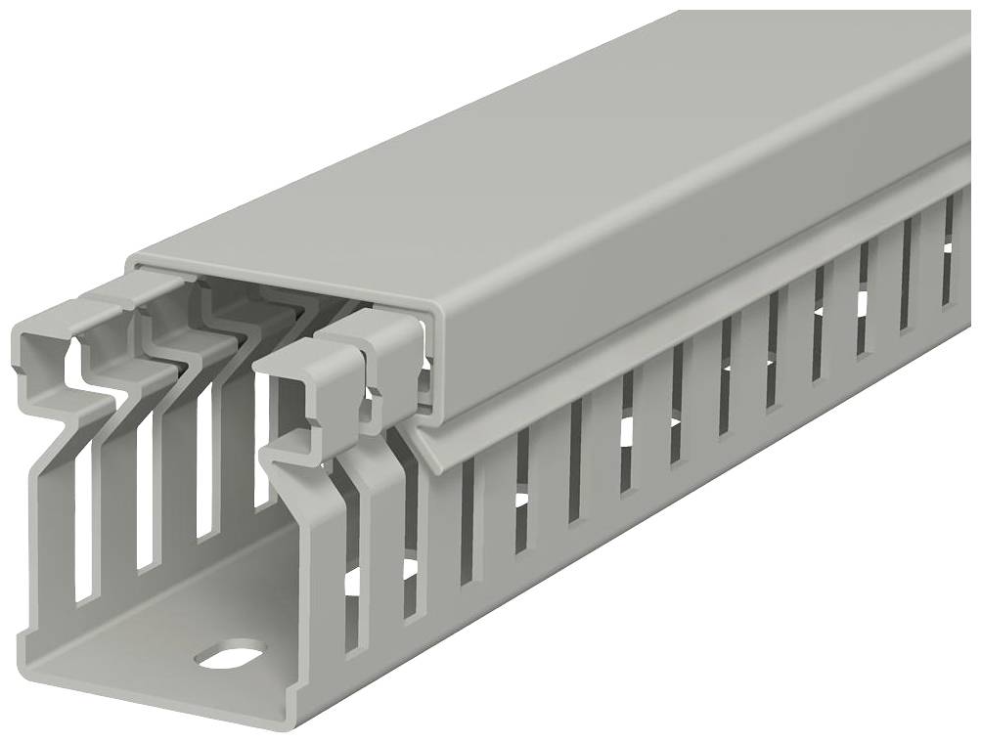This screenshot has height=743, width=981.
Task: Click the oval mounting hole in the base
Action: point(230,653)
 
